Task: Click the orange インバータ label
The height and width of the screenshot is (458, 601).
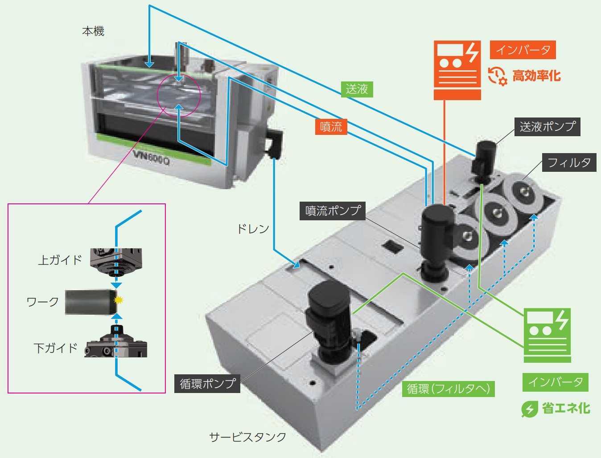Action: (x=523, y=50)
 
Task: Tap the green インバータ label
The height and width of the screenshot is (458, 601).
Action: (x=555, y=382)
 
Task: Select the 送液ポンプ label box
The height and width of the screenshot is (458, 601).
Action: (x=547, y=127)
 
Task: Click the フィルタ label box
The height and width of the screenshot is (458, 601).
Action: (x=569, y=162)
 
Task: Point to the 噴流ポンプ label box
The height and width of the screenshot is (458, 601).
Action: (x=333, y=211)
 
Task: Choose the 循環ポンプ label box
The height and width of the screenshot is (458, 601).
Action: (x=207, y=383)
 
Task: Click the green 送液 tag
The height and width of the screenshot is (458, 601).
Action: (x=357, y=89)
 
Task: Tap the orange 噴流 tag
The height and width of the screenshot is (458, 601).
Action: (x=331, y=127)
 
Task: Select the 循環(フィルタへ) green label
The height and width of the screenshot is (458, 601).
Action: (x=448, y=389)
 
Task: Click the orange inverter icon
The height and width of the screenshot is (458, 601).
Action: (x=457, y=70)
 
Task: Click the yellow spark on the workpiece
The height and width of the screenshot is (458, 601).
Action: (x=118, y=300)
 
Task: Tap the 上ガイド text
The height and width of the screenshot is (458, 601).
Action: (x=60, y=260)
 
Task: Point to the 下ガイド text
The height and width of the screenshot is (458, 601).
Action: (x=56, y=348)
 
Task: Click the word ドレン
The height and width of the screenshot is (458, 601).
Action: (x=253, y=229)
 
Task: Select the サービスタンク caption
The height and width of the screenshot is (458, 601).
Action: (x=248, y=437)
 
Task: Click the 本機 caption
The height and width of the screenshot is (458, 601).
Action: (x=93, y=31)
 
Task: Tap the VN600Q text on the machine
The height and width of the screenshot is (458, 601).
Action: (x=151, y=157)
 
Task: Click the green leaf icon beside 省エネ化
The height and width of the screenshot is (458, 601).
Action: (x=529, y=409)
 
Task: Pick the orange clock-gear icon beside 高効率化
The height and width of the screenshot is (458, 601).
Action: (x=497, y=76)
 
